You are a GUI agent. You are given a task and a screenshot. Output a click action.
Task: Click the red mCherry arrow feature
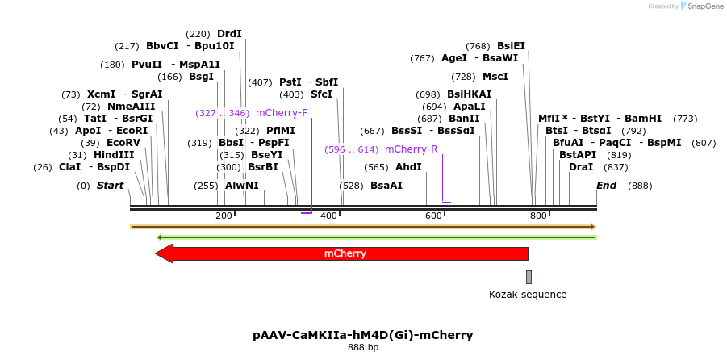point(345,253)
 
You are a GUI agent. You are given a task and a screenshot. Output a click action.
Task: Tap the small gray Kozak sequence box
point(529,277)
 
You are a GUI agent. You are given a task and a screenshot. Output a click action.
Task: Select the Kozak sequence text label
point(528,295)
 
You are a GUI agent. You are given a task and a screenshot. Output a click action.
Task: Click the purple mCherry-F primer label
point(282,113)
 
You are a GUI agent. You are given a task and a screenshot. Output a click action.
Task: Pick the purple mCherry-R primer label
point(411,149)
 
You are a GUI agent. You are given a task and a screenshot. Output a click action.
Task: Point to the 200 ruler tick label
point(224,216)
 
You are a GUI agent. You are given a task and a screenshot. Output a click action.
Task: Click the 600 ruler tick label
point(433,216)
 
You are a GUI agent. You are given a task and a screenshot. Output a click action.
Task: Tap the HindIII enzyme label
point(114,155)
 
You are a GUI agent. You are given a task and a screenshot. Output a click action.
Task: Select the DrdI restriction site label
point(229,34)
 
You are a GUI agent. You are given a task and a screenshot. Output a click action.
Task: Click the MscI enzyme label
point(495,77)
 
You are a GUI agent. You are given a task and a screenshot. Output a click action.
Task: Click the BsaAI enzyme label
point(386,186)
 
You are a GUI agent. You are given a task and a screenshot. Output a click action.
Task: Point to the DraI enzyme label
point(581,167)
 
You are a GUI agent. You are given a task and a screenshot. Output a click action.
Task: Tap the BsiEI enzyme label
point(511,46)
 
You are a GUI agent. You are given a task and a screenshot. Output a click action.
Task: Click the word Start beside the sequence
point(110,186)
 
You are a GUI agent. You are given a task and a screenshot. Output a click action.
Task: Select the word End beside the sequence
point(606,186)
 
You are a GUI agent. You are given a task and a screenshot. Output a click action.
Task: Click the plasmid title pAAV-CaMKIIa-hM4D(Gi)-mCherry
point(362,334)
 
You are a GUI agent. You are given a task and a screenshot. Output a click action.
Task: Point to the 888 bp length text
point(362,348)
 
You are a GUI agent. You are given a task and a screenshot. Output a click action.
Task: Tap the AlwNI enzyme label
point(242,186)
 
